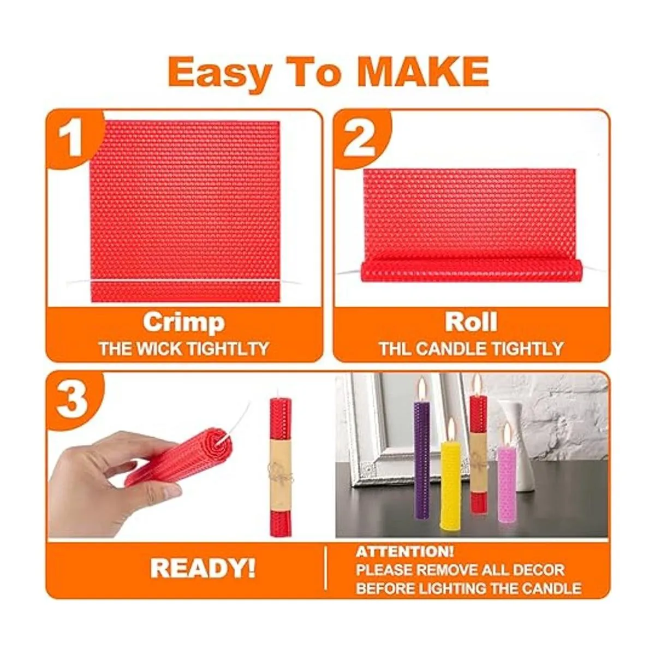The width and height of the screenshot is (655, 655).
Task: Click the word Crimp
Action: [184, 323]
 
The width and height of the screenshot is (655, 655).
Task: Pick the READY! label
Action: [203, 569]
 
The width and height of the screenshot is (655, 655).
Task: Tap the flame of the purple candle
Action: [422, 388]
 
